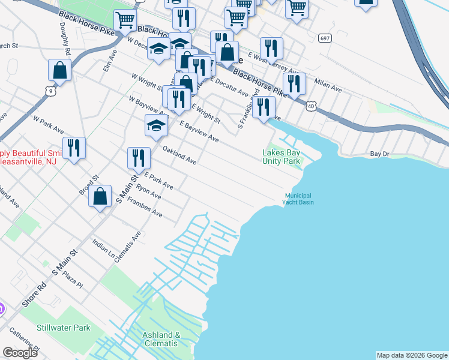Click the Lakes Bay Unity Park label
[281, 157]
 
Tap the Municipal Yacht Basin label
[298, 199]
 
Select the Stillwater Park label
[63, 328]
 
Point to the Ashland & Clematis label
[160, 339]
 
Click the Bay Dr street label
[379, 154]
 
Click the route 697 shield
[325, 38]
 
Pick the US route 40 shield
[310, 106]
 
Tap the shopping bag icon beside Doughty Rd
[60, 71]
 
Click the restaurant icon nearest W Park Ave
[74, 148]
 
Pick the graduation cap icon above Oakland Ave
[155, 126]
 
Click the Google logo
[20, 353]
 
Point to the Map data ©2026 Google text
[411, 355]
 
